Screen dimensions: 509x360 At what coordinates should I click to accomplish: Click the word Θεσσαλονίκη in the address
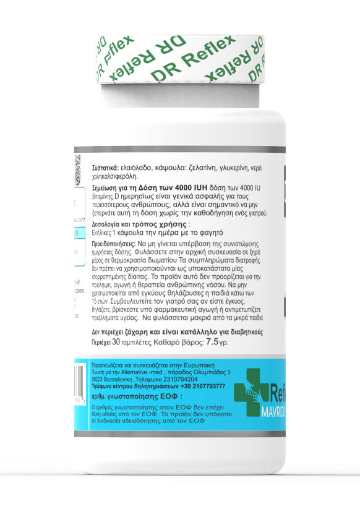coord(121,379)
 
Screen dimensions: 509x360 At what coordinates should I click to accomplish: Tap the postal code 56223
coord(98,379)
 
